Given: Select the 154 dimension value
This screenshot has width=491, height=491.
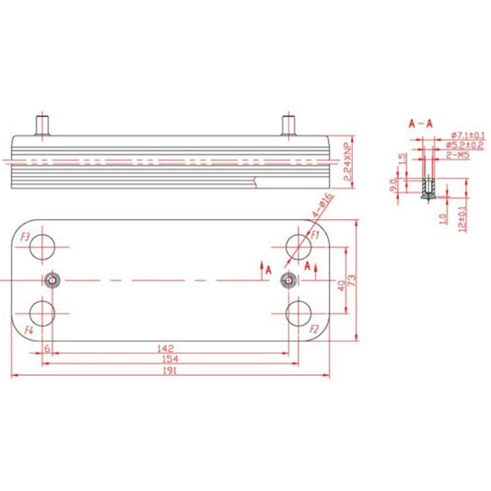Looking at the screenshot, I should tap(168, 358).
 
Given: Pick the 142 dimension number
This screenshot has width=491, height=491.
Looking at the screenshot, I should tap(167, 348).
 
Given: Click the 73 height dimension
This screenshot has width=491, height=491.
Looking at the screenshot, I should tap(351, 279).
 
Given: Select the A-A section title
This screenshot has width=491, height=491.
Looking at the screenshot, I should tap(421, 122).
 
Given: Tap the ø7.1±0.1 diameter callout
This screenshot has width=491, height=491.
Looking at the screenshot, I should tap(464, 135).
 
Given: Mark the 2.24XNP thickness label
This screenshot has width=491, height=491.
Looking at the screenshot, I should tap(347, 158).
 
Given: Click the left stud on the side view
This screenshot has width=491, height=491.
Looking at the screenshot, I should tap(41, 123).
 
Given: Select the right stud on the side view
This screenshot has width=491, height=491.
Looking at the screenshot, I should tap(286, 123).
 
